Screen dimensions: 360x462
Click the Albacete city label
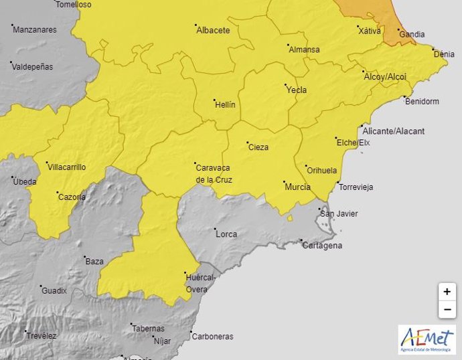click(x=213, y=31)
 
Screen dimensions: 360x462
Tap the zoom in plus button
click(x=447, y=292)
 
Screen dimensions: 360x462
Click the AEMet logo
click(x=427, y=339)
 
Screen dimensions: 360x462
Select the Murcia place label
click(x=297, y=187)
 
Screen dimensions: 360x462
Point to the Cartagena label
click(x=323, y=246)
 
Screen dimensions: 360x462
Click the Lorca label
click(x=226, y=234)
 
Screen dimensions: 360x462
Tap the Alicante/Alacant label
click(x=395, y=132)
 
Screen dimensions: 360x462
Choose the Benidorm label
click(x=422, y=102)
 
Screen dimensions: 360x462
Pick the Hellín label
click(x=225, y=105)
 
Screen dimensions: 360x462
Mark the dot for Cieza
click(x=247, y=143)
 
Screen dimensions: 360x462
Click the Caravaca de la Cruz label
click(x=214, y=173)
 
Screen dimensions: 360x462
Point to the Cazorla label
click(x=72, y=197)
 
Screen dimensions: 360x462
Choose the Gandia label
click(x=412, y=34)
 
